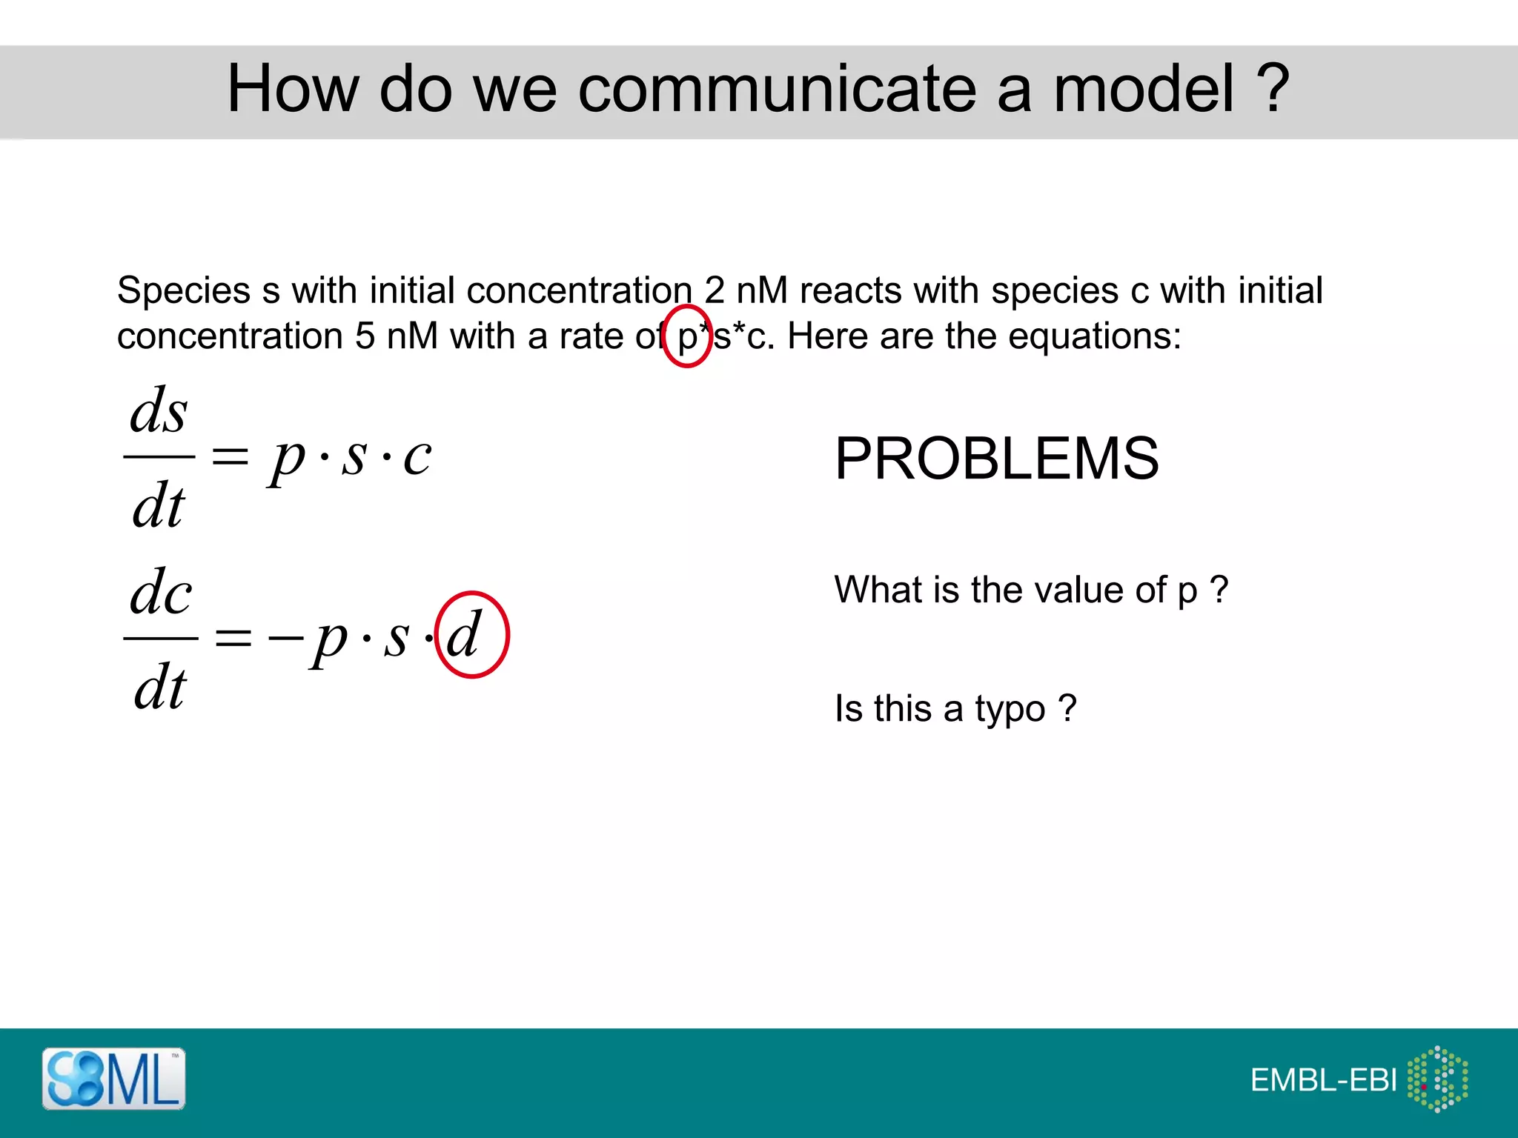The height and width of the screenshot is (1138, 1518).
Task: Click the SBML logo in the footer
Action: coord(113,1079)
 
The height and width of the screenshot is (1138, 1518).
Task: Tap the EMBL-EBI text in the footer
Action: coord(1323,1080)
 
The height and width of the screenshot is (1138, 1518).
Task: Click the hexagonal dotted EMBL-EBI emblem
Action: coord(1438,1079)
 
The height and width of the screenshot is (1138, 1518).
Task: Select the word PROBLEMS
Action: coord(996,459)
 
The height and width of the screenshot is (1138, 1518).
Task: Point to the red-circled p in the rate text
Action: coord(687,337)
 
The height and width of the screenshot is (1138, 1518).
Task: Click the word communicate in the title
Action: coord(777,89)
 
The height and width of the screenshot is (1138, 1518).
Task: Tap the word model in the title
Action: coord(1144,89)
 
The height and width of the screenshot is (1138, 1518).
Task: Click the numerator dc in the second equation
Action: coord(161,593)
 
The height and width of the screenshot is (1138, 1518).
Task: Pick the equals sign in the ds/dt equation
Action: coord(230,456)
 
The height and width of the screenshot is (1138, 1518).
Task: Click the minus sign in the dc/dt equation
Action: coord(286,636)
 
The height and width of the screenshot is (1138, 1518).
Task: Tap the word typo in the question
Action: coord(1010,709)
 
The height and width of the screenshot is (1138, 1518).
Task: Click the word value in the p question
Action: coord(1082,590)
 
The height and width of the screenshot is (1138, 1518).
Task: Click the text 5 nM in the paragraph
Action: coord(397,336)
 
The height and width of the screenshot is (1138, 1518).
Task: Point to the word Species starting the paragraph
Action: coord(184,290)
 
